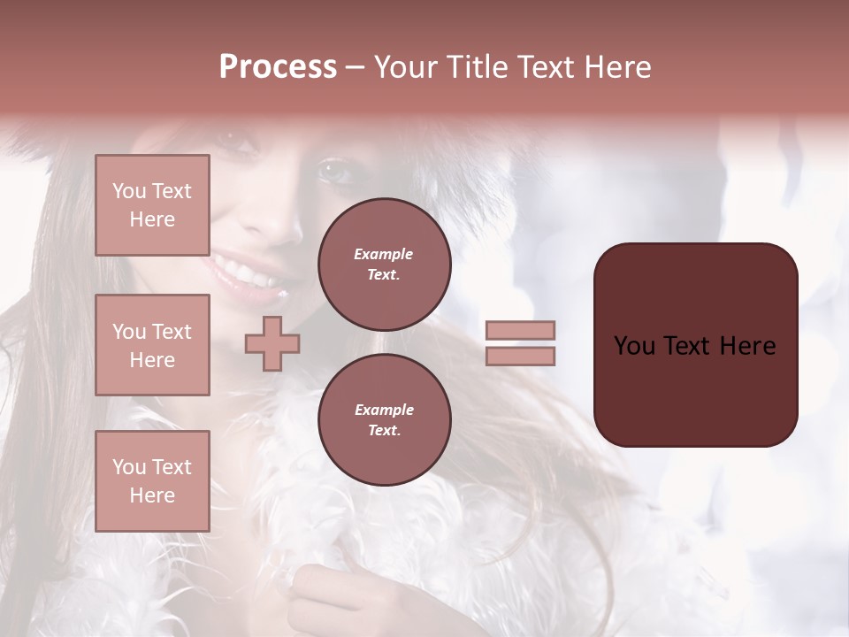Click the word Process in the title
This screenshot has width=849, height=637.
[278, 67]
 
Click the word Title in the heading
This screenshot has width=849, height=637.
[478, 67]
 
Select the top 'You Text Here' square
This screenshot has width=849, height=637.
[152, 205]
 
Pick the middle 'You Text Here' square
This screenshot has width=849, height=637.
[152, 345]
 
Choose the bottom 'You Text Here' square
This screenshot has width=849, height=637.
[152, 480]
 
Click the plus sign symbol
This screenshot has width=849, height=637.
[272, 343]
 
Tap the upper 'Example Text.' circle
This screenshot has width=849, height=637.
[384, 265]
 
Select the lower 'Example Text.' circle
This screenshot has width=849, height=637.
[384, 419]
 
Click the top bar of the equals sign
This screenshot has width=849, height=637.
[520, 331]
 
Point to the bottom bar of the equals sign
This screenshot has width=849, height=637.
[520, 356]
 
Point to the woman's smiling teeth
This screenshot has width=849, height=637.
[234, 265]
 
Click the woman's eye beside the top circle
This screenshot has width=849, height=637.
[334, 168]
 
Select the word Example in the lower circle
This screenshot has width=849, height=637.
[384, 410]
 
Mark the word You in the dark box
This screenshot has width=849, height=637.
[634, 346]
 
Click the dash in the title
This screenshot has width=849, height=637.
[356, 67]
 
